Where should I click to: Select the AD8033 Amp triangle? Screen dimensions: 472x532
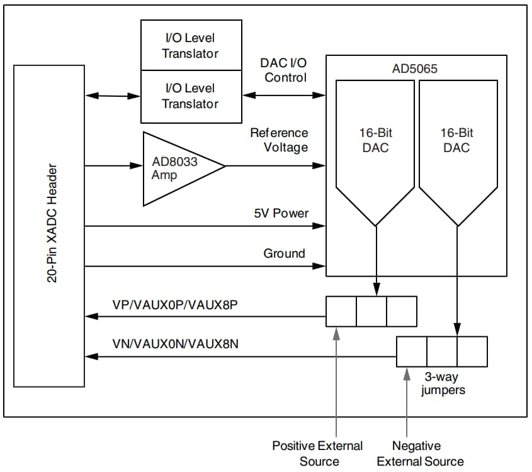pyautogui.click(x=174, y=168)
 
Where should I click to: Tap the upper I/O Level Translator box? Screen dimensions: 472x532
pyautogui.click(x=190, y=45)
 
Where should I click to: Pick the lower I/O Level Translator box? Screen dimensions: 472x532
pyautogui.click(x=190, y=96)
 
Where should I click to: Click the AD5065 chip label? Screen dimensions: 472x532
pyautogui.click(x=414, y=69)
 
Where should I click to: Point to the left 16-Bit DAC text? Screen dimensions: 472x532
pyautogui.click(x=376, y=141)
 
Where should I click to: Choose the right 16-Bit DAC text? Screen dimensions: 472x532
pyautogui.click(x=456, y=141)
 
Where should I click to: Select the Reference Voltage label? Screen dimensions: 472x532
pyautogui.click(x=279, y=140)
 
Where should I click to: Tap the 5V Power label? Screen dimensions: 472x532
pyautogui.click(x=281, y=213)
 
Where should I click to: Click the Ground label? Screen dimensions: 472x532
pyautogui.click(x=284, y=253)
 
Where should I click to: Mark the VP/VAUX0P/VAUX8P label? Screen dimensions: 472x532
pyautogui.click(x=174, y=304)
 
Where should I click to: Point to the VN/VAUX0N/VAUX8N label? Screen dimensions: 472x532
pyautogui.click(x=174, y=344)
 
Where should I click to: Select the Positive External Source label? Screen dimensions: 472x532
pyautogui.click(x=318, y=453)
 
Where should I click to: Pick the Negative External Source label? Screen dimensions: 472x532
pyautogui.click(x=420, y=453)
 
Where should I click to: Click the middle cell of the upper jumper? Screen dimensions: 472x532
pyautogui.click(x=371, y=311)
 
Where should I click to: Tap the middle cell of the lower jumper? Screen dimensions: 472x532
pyautogui.click(x=441, y=351)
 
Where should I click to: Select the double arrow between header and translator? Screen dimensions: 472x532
pyautogui.click(x=113, y=96)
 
